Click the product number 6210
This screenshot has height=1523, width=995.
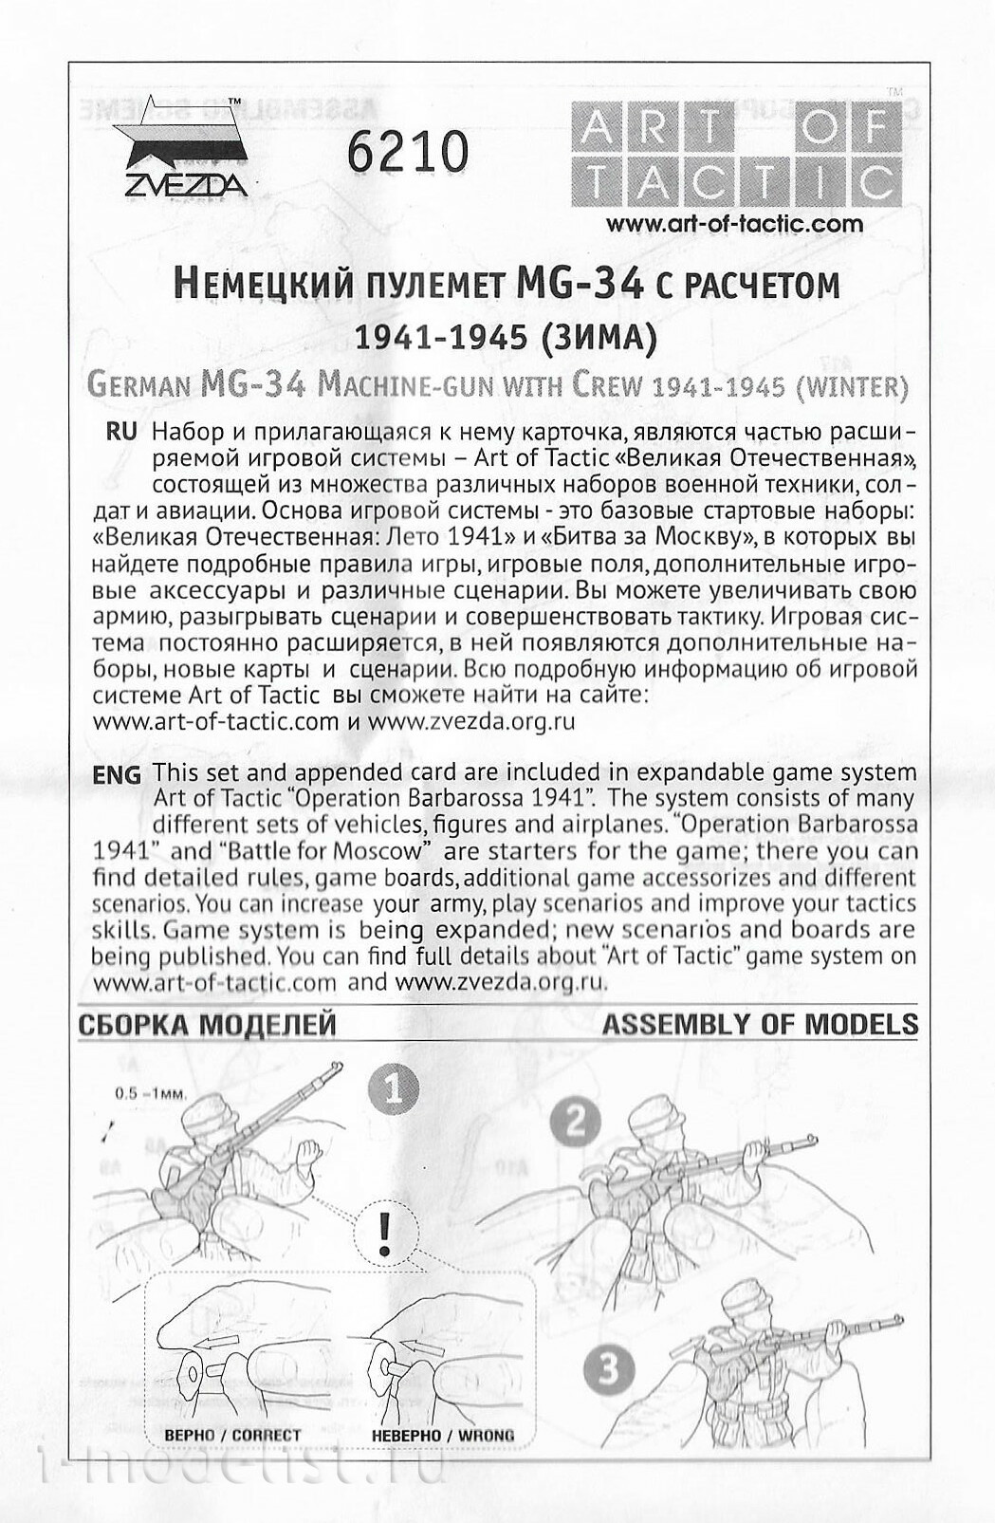pos(408,152)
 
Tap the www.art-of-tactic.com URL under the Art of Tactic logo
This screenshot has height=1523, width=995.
pos(734,225)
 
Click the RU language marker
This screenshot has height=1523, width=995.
pos(120,432)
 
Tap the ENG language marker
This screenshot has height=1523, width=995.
pos(117,774)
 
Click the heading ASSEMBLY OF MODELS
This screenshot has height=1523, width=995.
pos(760,1025)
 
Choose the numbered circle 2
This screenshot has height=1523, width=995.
pos(575,1124)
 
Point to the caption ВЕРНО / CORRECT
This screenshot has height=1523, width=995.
pos(232,1436)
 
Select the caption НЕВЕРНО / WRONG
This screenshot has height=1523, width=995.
pos(443,1436)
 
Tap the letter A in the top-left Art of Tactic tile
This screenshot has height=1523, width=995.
pos(596,128)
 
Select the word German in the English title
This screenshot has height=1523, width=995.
pos(139,386)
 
